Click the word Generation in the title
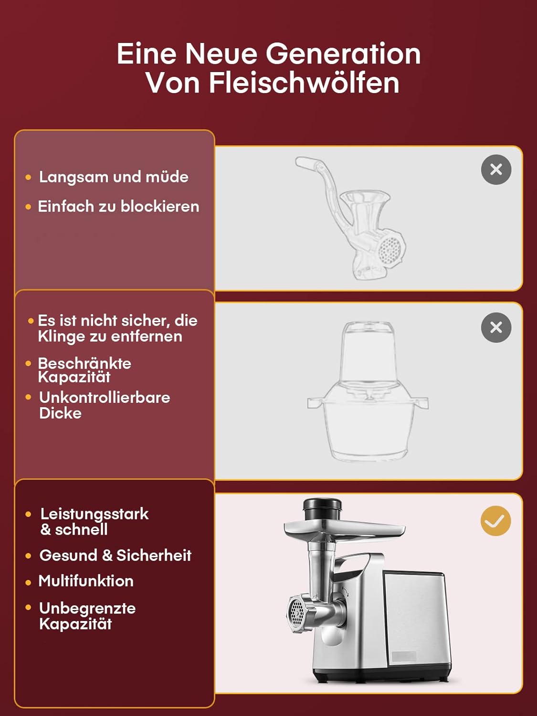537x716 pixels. (343, 54)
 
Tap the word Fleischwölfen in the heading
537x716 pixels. (304, 83)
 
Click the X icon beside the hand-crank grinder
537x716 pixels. (496, 169)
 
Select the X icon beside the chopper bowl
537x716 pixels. (496, 327)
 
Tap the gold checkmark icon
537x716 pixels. (495, 521)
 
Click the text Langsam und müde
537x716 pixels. (114, 178)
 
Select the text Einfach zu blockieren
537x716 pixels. (118, 207)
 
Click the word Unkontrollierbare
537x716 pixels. (105, 398)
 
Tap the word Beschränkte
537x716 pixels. (85, 363)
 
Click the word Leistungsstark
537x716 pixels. (95, 515)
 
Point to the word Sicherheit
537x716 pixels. (154, 555)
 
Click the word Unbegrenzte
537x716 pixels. (87, 609)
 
